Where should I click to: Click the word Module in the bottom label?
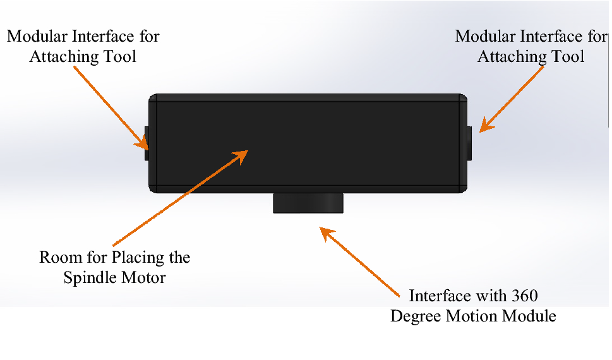point(532,316)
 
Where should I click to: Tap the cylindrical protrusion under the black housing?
point(308,203)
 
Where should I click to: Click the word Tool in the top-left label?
point(122,56)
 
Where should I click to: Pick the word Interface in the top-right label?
point(553,36)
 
